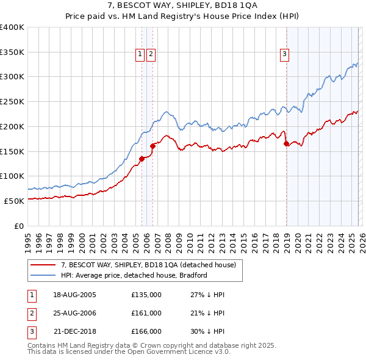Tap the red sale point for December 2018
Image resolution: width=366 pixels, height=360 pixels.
(286, 144)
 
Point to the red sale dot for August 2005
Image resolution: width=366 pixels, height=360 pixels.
(142, 159)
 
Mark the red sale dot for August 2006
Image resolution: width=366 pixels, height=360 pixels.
(152, 146)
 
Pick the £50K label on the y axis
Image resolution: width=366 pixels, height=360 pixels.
(14, 201)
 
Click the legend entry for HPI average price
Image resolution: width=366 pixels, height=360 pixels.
(134, 275)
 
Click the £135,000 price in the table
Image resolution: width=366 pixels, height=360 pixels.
(146, 295)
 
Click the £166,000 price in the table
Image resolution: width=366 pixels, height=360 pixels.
(146, 331)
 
